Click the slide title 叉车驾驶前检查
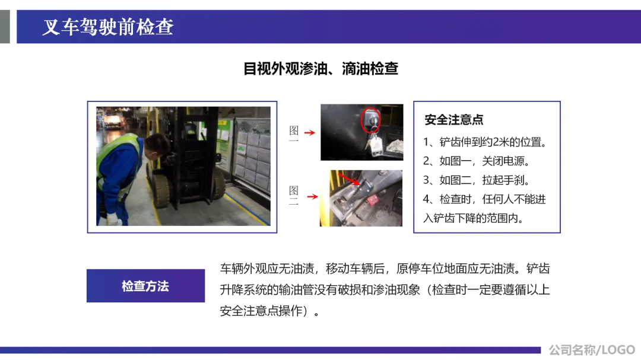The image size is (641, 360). pyautogui.click(x=108, y=27)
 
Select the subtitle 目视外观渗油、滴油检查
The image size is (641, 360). pyautogui.click(x=320, y=68)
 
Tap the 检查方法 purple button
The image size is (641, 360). pyautogui.click(x=145, y=286)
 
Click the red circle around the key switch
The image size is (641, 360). pyautogui.click(x=371, y=120)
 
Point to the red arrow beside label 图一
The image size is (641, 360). pyautogui.click(x=310, y=132)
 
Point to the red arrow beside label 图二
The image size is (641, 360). pyautogui.click(x=313, y=196)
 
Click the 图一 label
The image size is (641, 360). pyautogui.click(x=294, y=133)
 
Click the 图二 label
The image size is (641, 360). pyautogui.click(x=294, y=195)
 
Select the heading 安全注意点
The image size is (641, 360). pyautogui.click(x=454, y=120)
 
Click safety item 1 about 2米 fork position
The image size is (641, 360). pyautogui.click(x=485, y=142)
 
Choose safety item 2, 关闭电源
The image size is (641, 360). pyautogui.click(x=477, y=161)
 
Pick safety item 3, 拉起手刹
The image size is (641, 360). pyautogui.click(x=477, y=180)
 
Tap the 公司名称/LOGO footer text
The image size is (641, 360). pyautogui.click(x=592, y=350)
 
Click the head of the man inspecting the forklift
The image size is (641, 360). pyautogui.click(x=157, y=145)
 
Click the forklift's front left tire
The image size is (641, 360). pyautogui.click(x=161, y=189)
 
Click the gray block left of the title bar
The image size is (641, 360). pyautogui.click(x=5, y=27)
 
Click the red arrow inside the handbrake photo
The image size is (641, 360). pyautogui.click(x=349, y=179)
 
